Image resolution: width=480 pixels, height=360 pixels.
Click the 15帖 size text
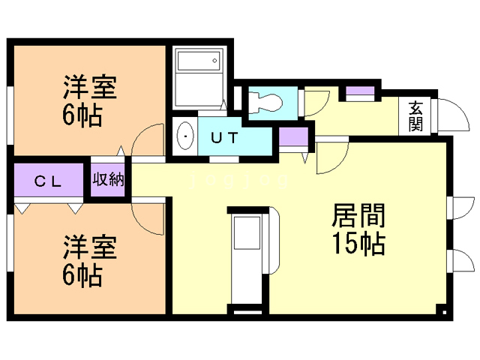[358, 244]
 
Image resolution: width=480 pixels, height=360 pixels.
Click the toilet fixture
[265, 100]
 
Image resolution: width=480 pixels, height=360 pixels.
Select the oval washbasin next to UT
[184, 137]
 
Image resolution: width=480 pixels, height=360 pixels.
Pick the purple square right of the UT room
[293, 138]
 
